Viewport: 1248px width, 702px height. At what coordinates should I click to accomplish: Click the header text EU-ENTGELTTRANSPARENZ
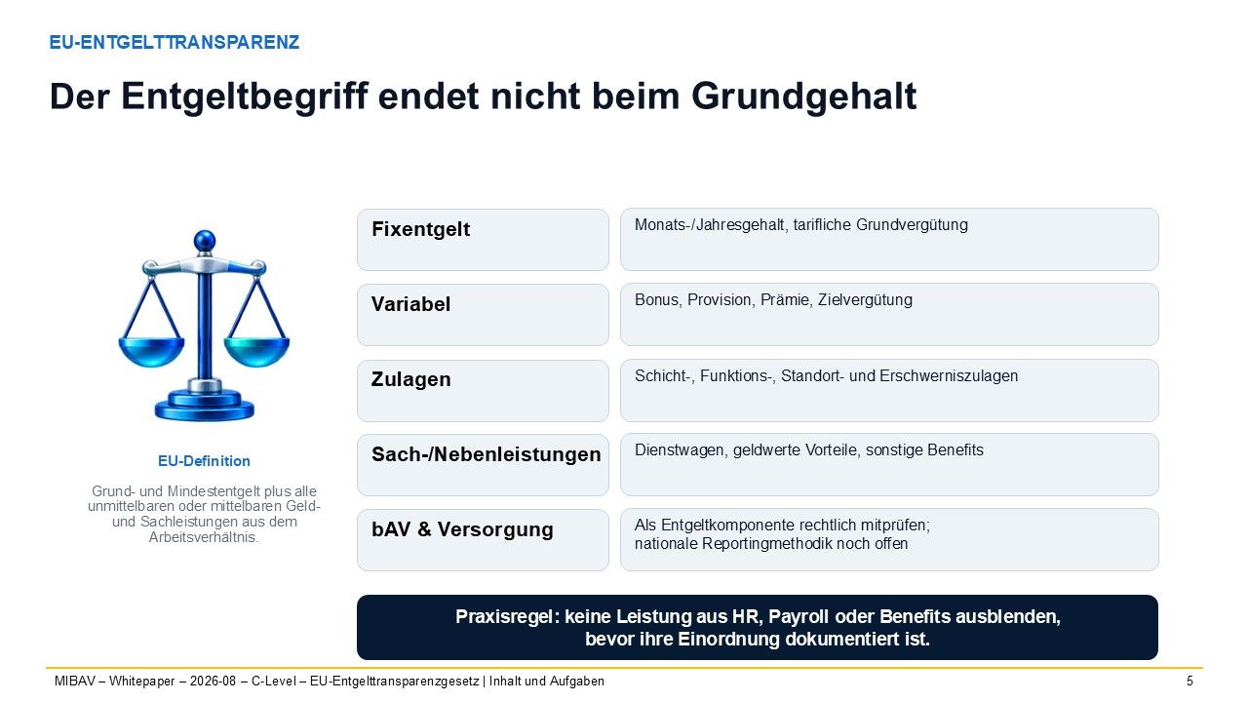175,42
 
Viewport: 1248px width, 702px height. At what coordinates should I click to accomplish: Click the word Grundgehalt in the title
804,97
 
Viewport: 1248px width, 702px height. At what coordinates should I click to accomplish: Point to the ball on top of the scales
205,241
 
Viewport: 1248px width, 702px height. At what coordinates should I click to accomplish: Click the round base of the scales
205,407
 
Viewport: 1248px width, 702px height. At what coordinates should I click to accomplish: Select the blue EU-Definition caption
204,461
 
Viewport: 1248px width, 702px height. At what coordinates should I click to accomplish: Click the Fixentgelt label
420,229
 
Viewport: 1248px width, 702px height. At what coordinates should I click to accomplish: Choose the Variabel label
410,304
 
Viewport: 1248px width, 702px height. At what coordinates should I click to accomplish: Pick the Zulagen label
410,379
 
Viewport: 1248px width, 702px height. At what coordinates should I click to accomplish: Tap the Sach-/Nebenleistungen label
487,454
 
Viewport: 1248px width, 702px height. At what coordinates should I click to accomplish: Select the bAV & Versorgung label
462,529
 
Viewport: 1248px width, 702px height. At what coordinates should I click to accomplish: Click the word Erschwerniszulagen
949,376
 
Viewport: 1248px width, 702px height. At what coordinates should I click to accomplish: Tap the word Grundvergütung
912,225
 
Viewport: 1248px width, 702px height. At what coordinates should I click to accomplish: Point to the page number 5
1189,681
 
